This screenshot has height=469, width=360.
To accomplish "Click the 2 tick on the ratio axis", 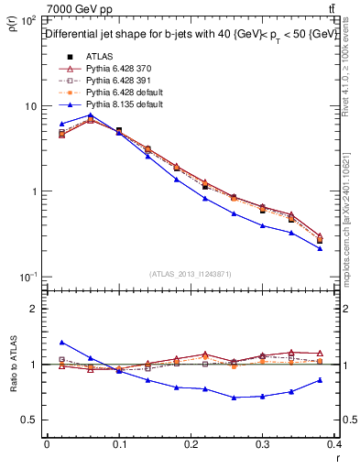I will coord(35,309).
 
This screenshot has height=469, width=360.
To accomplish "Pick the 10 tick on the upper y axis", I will coord(31,106).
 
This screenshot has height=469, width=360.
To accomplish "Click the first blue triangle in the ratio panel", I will coord(61,342).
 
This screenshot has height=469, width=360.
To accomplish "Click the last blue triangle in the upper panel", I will coord(320,248).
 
